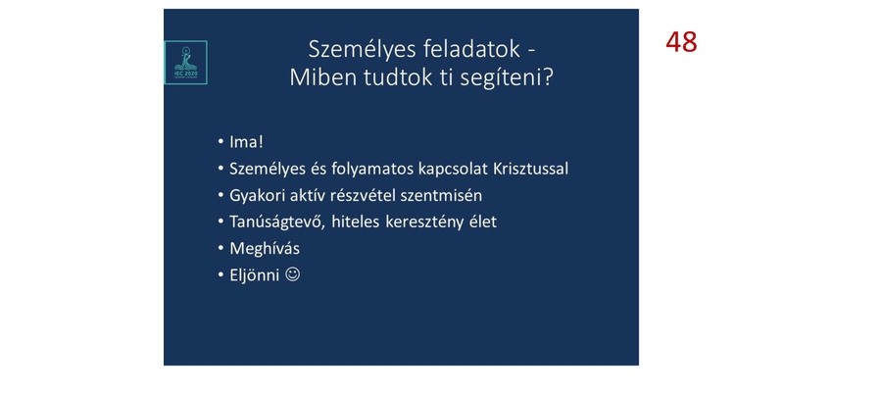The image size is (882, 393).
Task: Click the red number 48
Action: pyautogui.click(x=681, y=42)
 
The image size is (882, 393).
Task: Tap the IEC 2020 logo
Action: pyautogui.click(x=185, y=62)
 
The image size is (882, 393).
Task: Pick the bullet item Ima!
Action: pyautogui.click(x=247, y=142)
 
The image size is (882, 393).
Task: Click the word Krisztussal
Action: pyautogui.click(x=524, y=169)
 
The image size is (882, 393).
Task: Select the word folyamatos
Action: pyautogui.click(x=356, y=169)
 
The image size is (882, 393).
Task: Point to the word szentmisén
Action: pyautogui.click(x=440, y=195)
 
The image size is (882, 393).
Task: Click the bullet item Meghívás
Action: pyautogui.click(x=265, y=248)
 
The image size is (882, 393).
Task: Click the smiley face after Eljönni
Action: pyautogui.click(x=292, y=274)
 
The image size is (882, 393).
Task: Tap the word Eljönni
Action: pyautogui.click(x=254, y=274)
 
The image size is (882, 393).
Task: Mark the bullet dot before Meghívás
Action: pyautogui.click(x=220, y=248)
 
